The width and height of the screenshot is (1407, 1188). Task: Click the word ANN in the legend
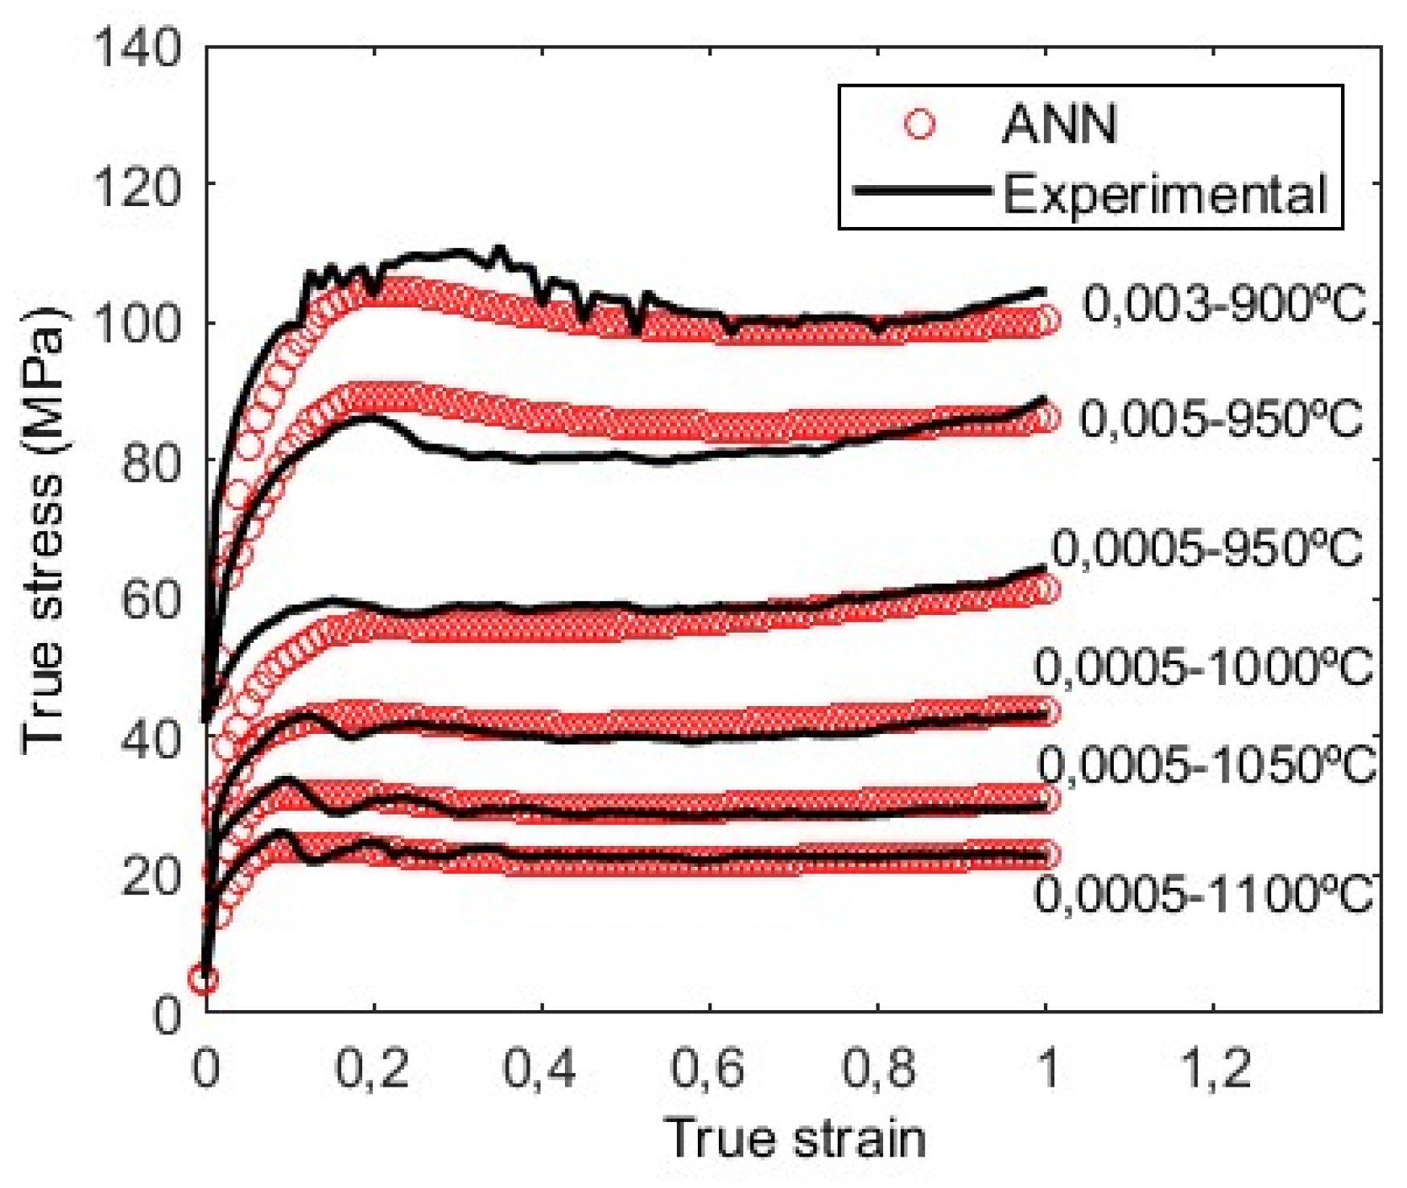coord(1059,125)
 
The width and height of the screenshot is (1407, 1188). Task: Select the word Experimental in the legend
coord(1164,194)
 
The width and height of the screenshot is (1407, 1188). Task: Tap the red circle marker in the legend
coord(919,125)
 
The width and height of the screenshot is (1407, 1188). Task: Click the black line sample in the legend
coord(922,191)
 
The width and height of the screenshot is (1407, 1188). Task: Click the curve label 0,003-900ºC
coord(1223,304)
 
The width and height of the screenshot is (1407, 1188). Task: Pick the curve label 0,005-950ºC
coord(1220,419)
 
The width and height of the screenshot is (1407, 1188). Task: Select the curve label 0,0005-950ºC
coord(1207,549)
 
